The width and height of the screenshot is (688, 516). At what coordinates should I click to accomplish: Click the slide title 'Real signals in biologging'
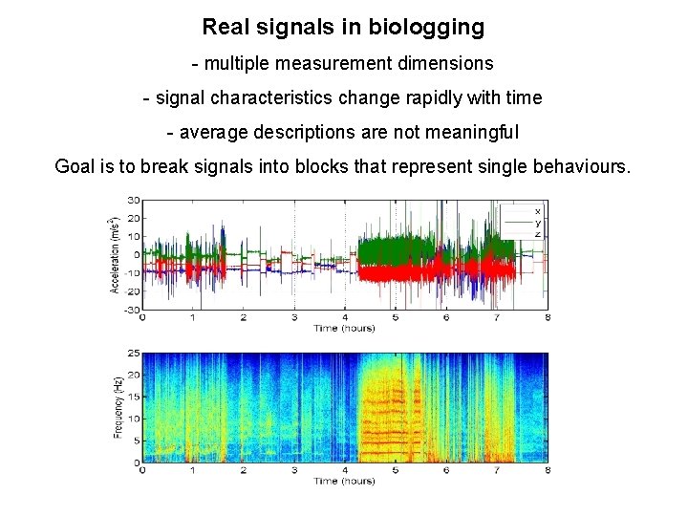point(343,28)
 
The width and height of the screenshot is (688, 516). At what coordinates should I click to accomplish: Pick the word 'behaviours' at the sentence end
point(582,167)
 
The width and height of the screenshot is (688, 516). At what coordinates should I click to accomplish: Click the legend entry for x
point(538,210)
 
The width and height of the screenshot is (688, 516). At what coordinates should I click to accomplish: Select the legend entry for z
point(538,233)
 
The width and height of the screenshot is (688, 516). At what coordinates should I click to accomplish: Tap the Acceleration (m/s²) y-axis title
point(115,254)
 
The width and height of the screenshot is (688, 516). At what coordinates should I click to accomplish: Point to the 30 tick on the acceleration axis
point(135,201)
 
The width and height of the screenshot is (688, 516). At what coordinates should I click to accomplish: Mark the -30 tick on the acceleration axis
point(133,310)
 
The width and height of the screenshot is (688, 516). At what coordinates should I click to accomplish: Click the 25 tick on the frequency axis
point(135,353)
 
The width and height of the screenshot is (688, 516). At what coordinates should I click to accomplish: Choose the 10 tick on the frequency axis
point(135,419)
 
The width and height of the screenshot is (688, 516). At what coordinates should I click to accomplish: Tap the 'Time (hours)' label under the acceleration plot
point(344,328)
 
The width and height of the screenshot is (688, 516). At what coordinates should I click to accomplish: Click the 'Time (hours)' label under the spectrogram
point(344,481)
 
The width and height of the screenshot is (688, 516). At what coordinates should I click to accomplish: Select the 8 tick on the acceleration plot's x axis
point(548,317)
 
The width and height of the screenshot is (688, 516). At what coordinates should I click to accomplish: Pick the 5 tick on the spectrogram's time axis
point(396,470)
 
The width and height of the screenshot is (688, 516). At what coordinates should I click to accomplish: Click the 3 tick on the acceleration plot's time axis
point(294,317)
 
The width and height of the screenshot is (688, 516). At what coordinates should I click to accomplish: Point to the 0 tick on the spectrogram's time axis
point(142,470)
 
